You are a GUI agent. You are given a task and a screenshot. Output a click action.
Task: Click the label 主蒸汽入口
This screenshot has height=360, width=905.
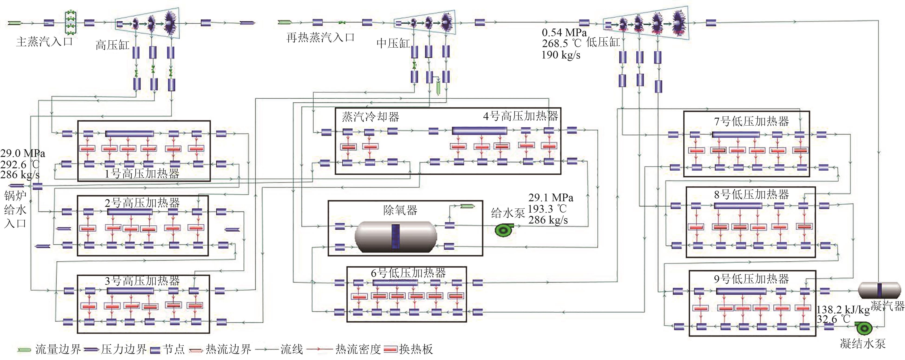coord(45,42)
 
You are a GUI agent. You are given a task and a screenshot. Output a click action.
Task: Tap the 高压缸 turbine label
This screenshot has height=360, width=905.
coord(112,45)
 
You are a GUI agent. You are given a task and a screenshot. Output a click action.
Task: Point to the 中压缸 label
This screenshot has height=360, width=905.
coord(393,44)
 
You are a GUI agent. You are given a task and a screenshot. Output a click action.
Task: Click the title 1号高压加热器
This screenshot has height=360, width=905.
coord(142,174)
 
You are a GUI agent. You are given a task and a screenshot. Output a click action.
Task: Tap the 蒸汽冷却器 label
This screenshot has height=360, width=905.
coord(371,117)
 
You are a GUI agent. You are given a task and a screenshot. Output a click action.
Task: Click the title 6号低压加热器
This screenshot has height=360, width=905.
coord(408,273)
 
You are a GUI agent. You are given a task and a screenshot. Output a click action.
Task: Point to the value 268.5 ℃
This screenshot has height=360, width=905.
coord(561,44)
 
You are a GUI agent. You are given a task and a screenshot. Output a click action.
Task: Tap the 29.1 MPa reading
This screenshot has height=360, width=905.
coord(550,198)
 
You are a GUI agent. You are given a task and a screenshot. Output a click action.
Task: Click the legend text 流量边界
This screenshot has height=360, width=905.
coord(58,349)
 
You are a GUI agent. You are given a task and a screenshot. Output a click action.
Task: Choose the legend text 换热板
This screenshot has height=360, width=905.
coord(416,349)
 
